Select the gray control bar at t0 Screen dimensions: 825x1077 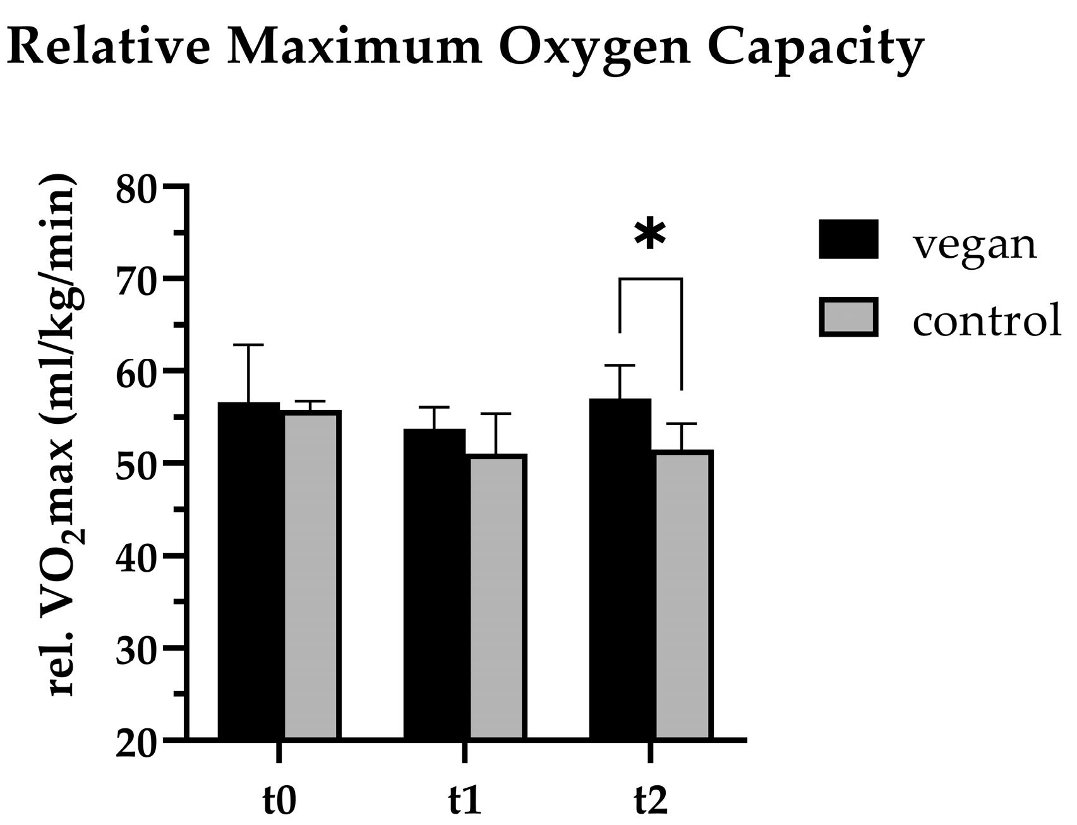312,575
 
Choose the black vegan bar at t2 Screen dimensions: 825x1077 620,569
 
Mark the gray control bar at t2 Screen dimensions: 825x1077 684,594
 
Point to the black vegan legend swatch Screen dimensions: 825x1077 848,239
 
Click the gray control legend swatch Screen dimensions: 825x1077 848,316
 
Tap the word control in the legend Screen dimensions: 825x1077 987,320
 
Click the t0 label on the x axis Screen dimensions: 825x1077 279,800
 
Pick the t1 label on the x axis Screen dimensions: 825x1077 464,800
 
